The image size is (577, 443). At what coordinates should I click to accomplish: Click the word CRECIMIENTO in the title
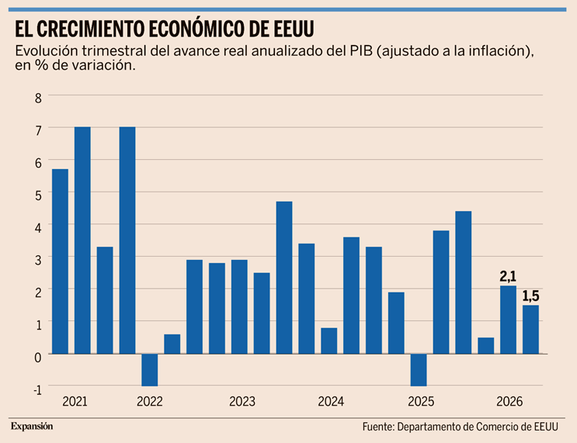(x=90, y=29)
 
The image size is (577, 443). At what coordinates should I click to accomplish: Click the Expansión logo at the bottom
(x=32, y=427)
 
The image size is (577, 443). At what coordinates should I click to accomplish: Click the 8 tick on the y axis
(x=38, y=99)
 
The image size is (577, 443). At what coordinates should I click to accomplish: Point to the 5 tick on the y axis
(x=38, y=196)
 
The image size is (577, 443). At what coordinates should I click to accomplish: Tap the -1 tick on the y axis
(x=37, y=389)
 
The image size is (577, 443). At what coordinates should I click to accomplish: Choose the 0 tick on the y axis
(x=38, y=358)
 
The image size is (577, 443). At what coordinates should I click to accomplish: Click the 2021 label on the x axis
(x=75, y=401)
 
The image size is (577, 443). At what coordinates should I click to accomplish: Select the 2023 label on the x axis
(x=242, y=401)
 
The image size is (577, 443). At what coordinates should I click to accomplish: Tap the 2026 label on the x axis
(x=509, y=401)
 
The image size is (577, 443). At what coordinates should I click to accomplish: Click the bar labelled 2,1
(x=508, y=320)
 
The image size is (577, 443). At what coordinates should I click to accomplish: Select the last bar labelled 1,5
(x=530, y=330)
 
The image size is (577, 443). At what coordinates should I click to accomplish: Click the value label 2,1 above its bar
(x=508, y=276)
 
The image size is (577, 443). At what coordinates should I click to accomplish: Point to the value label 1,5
(x=530, y=296)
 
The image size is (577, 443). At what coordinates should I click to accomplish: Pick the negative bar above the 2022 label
(x=150, y=370)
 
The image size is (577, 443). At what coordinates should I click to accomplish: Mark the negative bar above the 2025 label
(x=419, y=370)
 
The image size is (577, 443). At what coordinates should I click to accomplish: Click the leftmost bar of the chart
(x=60, y=261)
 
